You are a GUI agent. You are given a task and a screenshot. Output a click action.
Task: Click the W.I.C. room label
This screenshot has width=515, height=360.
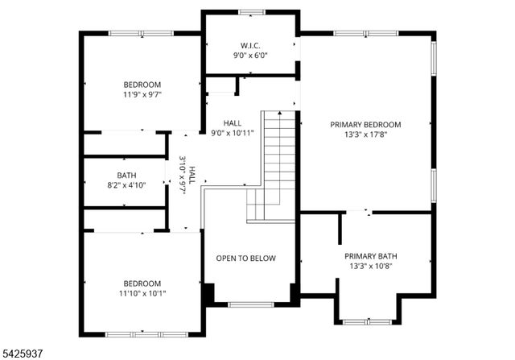point(250,44)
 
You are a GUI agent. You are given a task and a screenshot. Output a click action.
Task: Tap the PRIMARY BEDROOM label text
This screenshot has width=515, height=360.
point(365,125)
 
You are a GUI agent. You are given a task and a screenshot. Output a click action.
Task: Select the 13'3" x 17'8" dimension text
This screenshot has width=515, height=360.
point(365,135)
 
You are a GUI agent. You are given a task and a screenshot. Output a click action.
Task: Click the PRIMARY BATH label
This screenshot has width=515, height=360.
point(373,256)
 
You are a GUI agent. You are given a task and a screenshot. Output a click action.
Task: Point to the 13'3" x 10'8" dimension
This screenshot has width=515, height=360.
point(373,267)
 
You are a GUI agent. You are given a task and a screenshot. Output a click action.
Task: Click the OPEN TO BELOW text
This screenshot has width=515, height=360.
point(245,259)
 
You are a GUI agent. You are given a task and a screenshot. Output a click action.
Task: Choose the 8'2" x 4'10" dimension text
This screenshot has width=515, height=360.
point(127,184)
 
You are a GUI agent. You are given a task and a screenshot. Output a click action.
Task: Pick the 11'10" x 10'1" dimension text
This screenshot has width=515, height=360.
point(142,294)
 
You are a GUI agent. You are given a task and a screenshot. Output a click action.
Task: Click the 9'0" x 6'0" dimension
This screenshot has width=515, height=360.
point(250,55)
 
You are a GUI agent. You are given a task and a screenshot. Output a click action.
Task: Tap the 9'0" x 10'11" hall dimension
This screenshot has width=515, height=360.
point(233,133)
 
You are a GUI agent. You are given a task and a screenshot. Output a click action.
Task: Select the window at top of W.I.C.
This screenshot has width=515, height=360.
point(250,11)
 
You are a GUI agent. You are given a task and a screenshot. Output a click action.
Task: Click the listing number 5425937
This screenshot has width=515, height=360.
point(25,350)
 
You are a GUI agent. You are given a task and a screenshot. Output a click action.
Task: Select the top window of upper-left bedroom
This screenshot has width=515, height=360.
point(142,33)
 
